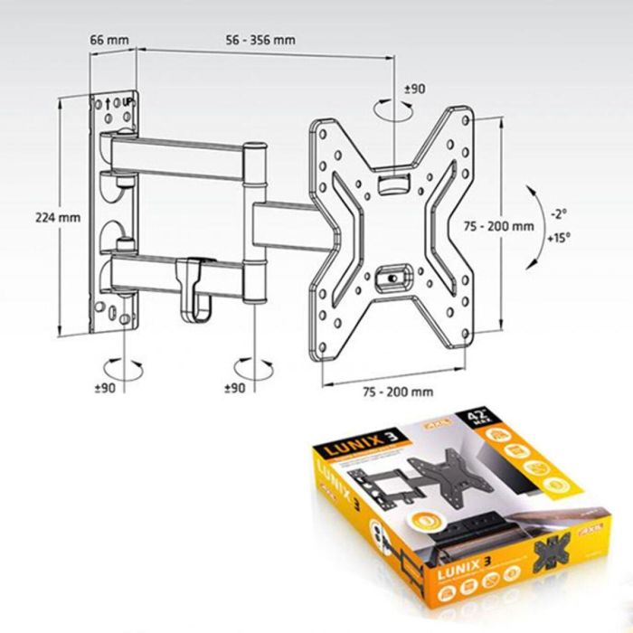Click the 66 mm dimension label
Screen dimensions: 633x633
[110, 41]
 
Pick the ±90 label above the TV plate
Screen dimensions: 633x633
[414, 89]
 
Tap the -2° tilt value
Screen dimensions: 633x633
[559, 214]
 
